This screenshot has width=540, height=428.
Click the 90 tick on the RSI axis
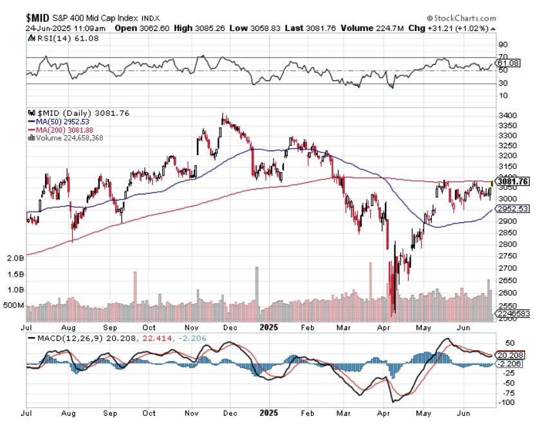pos(503,45)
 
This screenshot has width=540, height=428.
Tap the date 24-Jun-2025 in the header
pos(46,28)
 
